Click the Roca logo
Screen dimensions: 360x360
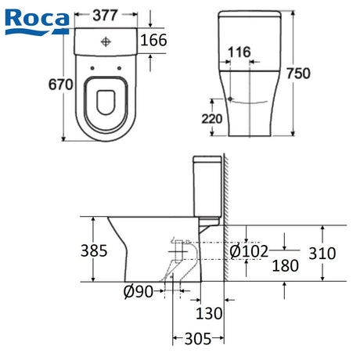click(38, 22)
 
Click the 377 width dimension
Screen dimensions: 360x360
click(105, 15)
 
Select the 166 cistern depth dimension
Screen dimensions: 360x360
click(153, 40)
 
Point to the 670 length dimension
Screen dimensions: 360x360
click(61, 85)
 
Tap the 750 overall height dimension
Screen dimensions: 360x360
click(298, 74)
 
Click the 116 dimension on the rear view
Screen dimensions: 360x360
click(239, 52)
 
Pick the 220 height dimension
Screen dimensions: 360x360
click(212, 119)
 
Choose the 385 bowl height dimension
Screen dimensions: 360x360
click(94, 250)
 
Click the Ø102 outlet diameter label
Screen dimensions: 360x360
click(249, 252)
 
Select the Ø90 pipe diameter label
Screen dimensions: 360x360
click(139, 291)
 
